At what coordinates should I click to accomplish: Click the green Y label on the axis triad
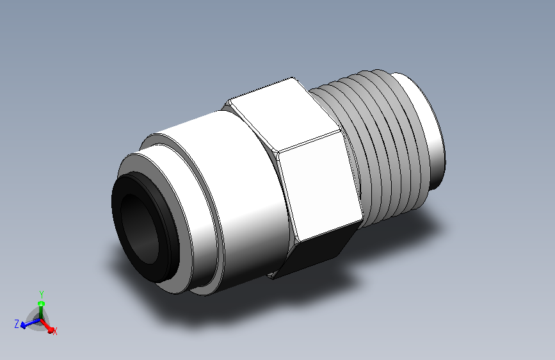point(42,295)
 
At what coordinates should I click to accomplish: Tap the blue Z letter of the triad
point(16,323)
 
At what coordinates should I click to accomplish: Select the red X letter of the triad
point(55,331)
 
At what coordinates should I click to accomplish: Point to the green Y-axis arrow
point(41,310)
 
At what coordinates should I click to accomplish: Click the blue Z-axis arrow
point(30,323)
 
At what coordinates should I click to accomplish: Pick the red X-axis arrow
point(47,326)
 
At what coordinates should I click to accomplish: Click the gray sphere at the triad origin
point(38,320)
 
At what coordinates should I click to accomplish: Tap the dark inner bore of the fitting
point(139,229)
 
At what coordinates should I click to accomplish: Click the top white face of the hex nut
point(283,113)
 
